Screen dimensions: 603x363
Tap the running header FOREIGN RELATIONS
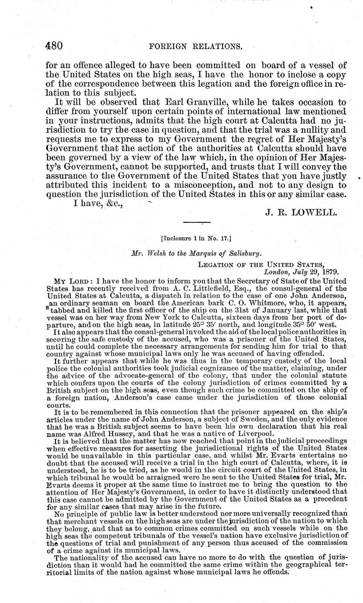[196, 46]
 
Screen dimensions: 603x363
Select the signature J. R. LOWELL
[301, 213]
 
